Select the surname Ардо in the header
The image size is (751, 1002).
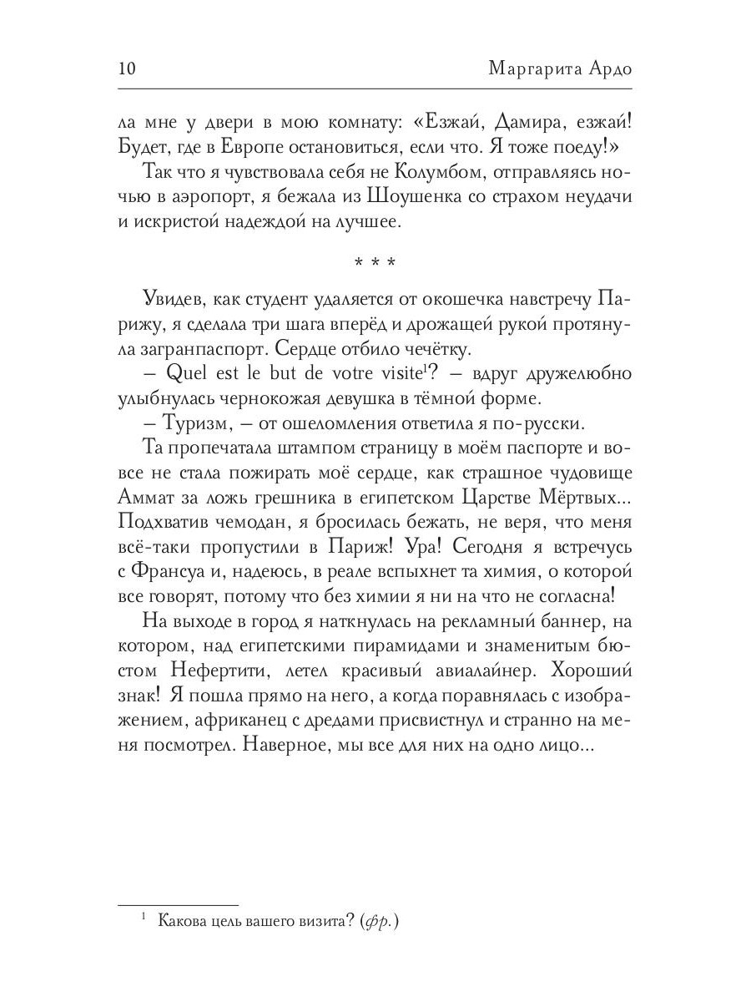(x=607, y=68)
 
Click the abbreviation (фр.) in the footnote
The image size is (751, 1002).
(x=377, y=921)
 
